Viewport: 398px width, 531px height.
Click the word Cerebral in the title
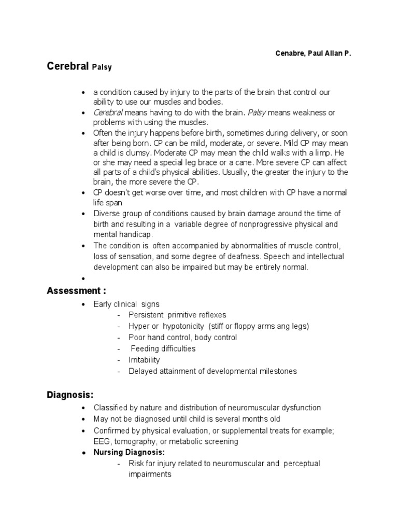click(68, 67)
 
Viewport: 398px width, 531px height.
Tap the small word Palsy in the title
click(103, 68)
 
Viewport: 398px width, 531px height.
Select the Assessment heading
click(76, 291)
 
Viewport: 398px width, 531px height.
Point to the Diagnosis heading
click(70, 395)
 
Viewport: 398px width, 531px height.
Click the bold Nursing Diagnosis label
click(129, 452)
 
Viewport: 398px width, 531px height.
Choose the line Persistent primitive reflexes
click(178, 315)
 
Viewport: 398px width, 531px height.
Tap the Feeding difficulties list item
click(163, 348)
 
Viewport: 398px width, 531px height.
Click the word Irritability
click(145, 360)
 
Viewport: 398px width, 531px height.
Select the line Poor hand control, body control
click(183, 337)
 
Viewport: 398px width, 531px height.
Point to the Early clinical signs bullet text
click(126, 304)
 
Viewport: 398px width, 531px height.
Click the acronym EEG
click(101, 441)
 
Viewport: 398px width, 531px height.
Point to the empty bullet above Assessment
click(83, 278)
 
